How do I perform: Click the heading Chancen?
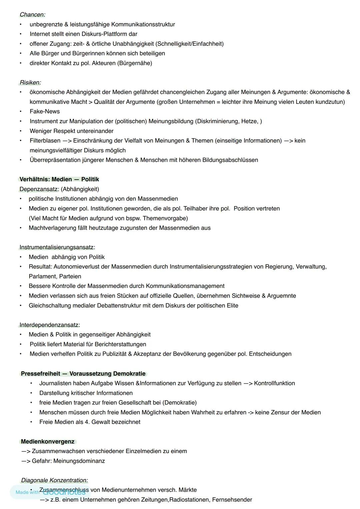pyautogui.click(x=32, y=15)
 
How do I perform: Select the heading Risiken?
pyautogui.click(x=30, y=83)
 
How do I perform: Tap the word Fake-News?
pyautogui.click(x=45, y=111)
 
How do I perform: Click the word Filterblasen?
pyautogui.click(x=45, y=141)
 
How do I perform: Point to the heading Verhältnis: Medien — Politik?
pyautogui.click(x=59, y=179)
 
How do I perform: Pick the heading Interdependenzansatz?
pyautogui.click(x=50, y=325)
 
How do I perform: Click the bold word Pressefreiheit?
pyautogui.click(x=41, y=374)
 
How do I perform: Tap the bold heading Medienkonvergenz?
pyautogui.click(x=48, y=442)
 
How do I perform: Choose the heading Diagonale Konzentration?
pyautogui.click(x=54, y=480)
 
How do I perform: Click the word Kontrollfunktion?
pyautogui.click(x=274, y=383)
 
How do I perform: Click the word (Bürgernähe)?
pyautogui.click(x=135, y=63)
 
